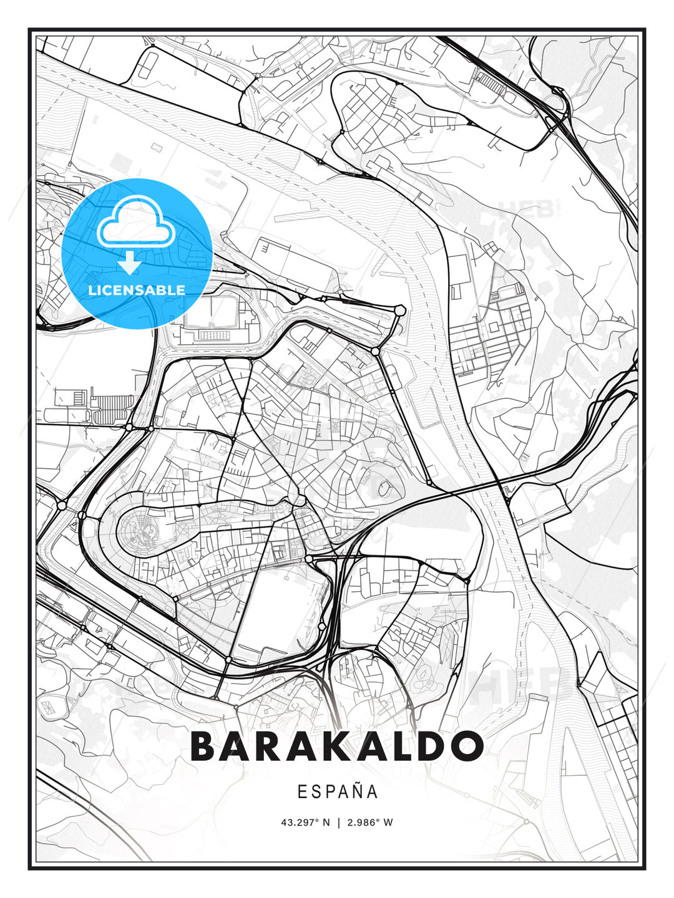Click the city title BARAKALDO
(x=337, y=746)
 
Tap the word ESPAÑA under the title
(x=338, y=792)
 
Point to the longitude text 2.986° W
(x=370, y=823)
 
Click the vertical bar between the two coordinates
(x=338, y=823)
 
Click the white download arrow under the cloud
(x=130, y=263)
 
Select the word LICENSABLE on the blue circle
(x=137, y=290)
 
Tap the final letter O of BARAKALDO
(x=467, y=746)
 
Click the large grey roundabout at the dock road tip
(x=399, y=311)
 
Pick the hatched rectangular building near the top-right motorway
(x=490, y=81)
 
